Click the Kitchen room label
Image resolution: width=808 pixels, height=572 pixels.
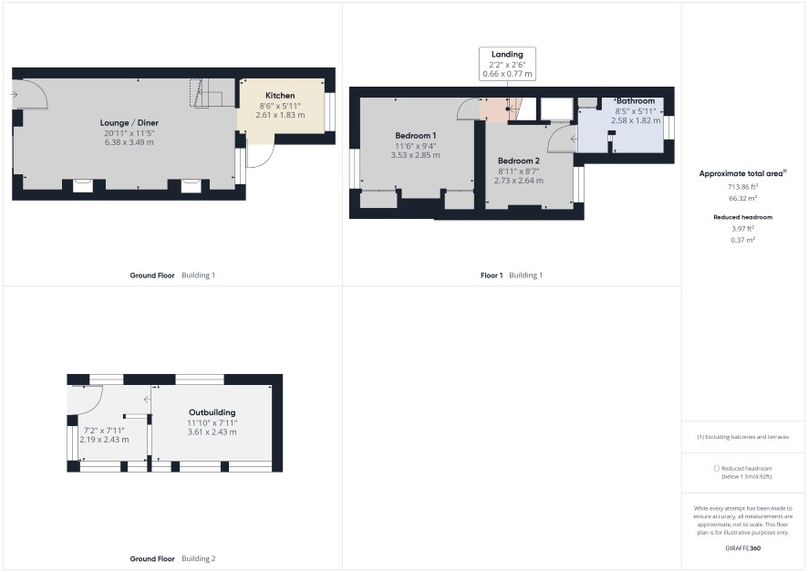pyautogui.click(x=280, y=95)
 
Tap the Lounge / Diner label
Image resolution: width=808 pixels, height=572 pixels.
pyautogui.click(x=129, y=122)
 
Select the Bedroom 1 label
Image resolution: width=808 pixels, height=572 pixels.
pyautogui.click(x=415, y=136)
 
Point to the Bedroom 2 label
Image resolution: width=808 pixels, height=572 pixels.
pyautogui.click(x=518, y=161)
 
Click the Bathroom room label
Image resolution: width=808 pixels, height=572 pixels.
pyautogui.click(x=636, y=101)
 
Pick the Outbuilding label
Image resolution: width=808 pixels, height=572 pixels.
pyautogui.click(x=212, y=412)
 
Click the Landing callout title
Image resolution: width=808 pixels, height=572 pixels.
pyautogui.click(x=507, y=54)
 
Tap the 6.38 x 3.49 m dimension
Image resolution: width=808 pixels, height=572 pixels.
pyautogui.click(x=129, y=142)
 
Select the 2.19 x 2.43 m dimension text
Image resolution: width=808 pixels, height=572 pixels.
pyautogui.click(x=104, y=440)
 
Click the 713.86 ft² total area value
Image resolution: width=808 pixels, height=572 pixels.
pyautogui.click(x=742, y=187)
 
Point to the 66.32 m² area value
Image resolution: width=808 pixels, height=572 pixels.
pyautogui.click(x=742, y=198)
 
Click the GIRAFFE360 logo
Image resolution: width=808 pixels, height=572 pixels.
pyautogui.click(x=742, y=548)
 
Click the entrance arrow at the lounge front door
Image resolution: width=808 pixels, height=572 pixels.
pyautogui.click(x=14, y=95)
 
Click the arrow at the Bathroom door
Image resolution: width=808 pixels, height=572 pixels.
pyautogui.click(x=574, y=140)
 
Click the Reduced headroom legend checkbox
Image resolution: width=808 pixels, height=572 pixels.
pyautogui.click(x=716, y=468)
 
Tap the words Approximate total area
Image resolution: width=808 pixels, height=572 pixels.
pyautogui.click(x=741, y=173)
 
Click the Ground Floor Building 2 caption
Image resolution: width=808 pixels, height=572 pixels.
pyautogui.click(x=172, y=558)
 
